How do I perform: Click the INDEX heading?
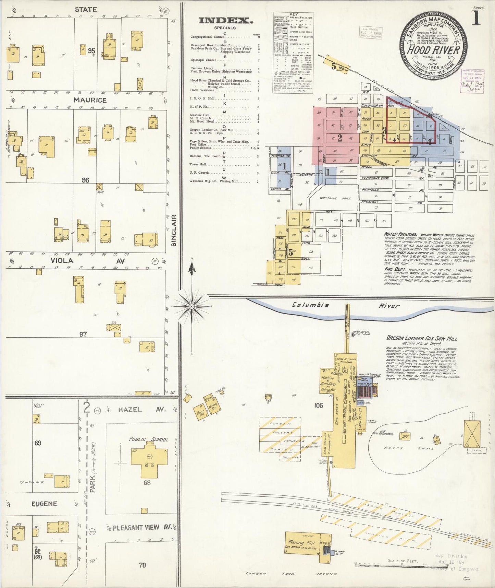click(226, 21)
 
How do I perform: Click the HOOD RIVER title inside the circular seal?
click(434, 50)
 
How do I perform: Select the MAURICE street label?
click(90, 100)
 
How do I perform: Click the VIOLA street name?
click(62, 261)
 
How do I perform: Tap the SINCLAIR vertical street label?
click(174, 230)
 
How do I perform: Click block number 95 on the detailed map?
click(91, 51)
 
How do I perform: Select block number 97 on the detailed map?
click(83, 334)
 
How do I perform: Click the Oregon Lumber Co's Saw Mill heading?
click(422, 338)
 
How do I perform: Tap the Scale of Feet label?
click(402, 561)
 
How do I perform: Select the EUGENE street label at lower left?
click(44, 504)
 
